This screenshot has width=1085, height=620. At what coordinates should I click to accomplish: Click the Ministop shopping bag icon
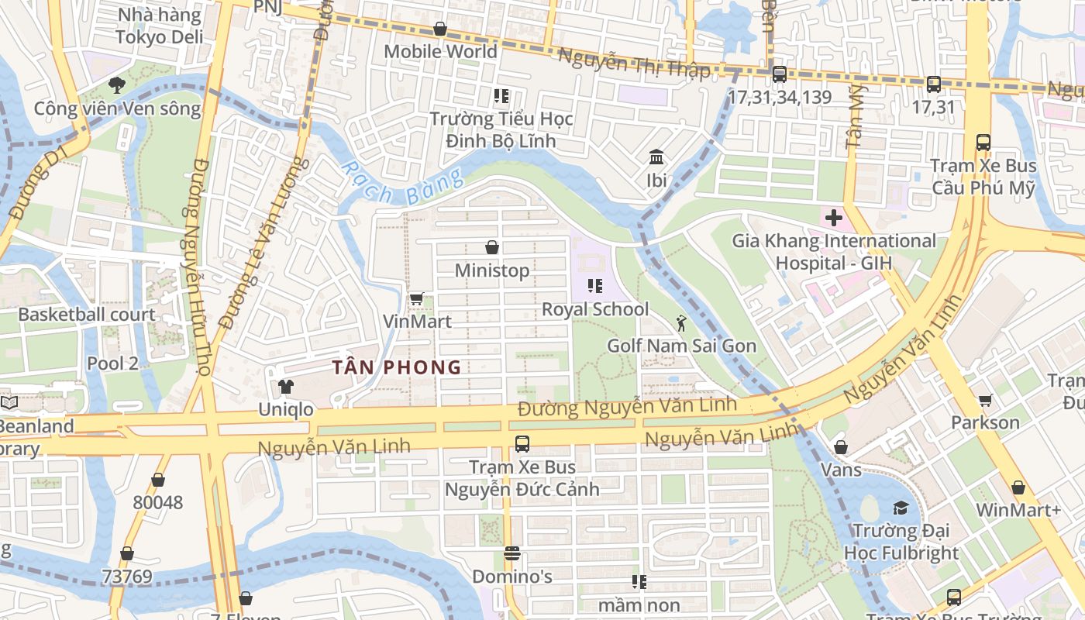click(491, 247)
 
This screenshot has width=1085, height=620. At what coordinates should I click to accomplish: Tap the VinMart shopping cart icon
click(416, 298)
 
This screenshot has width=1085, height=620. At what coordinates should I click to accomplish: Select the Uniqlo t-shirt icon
click(286, 386)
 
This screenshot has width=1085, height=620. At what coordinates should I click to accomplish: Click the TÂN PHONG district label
click(397, 367)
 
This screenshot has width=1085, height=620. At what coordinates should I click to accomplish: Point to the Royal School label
click(595, 309)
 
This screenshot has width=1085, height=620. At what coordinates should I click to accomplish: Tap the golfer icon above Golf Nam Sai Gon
click(681, 322)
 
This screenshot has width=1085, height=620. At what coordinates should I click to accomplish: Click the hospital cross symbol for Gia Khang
click(833, 218)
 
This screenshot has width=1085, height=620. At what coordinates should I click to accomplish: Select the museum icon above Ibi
click(656, 158)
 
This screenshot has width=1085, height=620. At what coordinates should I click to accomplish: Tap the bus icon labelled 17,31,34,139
click(780, 74)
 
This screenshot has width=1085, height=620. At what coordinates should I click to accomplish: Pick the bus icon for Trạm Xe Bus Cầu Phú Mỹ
click(983, 143)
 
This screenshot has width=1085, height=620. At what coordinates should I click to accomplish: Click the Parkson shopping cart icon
click(985, 400)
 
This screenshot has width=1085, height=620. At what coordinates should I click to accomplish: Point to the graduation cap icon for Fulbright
click(901, 508)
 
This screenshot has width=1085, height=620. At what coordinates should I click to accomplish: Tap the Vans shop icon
click(841, 447)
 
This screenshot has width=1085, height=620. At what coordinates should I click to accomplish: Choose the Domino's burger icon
click(511, 553)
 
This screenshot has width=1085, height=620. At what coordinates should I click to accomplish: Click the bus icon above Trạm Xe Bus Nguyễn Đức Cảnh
click(522, 444)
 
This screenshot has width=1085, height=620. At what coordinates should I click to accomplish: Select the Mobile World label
click(440, 51)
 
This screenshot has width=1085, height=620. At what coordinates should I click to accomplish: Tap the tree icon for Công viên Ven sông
click(117, 84)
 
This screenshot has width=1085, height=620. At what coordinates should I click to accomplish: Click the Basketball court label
click(87, 315)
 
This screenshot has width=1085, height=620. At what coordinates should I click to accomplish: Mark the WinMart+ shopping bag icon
click(1018, 487)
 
